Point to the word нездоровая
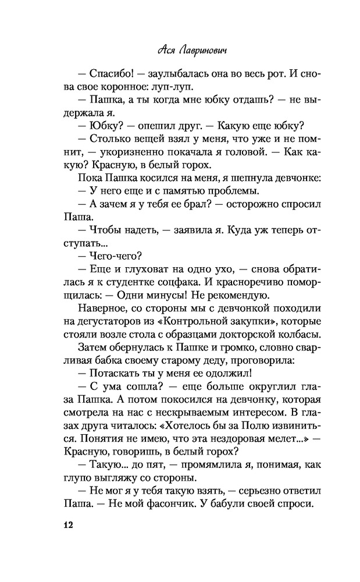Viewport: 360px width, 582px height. (201, 437)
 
